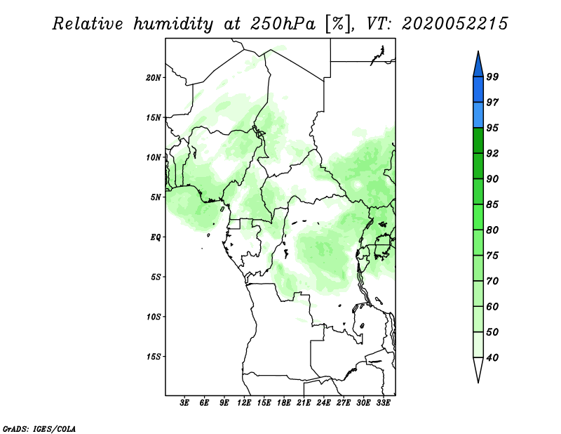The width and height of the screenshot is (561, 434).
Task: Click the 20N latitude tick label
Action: tap(154, 77)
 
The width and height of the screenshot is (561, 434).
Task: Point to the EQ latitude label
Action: tap(156, 237)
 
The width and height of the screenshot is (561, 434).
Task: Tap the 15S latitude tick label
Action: tap(154, 357)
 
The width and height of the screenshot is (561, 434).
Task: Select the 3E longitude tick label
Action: tap(184, 403)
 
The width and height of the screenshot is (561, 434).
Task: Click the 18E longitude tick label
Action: tap(284, 403)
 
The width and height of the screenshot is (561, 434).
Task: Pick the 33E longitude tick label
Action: tap(383, 403)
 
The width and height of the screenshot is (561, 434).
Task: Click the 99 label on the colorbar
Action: tap(492, 77)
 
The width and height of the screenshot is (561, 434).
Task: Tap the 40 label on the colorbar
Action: tap(492, 357)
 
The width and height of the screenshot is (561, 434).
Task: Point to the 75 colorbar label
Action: tap(492, 255)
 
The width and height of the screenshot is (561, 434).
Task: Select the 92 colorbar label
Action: tap(492, 153)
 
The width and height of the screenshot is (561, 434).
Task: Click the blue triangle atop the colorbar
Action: tap(478, 65)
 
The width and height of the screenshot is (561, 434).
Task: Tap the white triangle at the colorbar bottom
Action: tap(478, 369)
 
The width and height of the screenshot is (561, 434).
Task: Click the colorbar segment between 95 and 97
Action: tap(478, 115)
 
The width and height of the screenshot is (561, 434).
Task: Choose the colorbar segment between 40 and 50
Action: tap(478, 344)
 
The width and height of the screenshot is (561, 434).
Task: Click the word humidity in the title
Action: tap(173, 24)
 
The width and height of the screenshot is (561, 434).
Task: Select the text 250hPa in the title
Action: tap(283, 24)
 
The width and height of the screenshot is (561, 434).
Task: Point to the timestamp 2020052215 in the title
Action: tap(454, 24)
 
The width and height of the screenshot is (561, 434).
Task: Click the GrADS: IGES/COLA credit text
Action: tap(39, 428)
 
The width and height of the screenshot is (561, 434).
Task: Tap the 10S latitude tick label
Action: tap(154, 317)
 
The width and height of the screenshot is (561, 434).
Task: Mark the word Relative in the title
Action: tap(87, 24)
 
